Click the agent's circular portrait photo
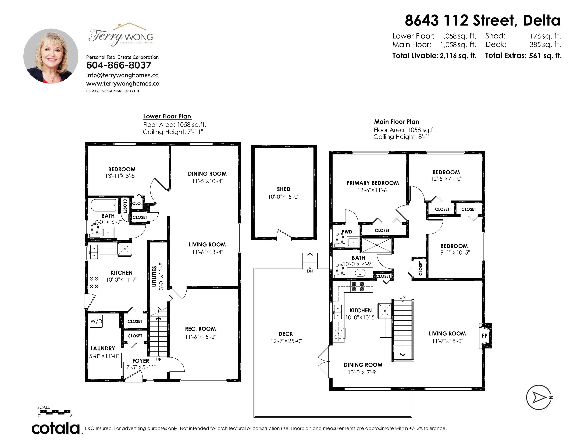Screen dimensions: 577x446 pyautogui.click(x=51, y=56)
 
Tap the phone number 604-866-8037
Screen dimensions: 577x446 pyautogui.click(x=119, y=65)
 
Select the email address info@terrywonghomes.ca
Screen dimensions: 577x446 pyautogui.click(x=122, y=75)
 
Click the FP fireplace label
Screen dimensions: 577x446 pyautogui.click(x=485, y=336)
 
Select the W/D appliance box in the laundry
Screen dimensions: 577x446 pyautogui.click(x=96, y=321)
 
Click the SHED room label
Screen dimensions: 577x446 pyautogui.click(x=283, y=189)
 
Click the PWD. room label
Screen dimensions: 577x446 pyautogui.click(x=348, y=232)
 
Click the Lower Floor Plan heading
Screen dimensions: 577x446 pyautogui.click(x=167, y=116)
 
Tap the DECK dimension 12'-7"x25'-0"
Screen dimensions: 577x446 pyautogui.click(x=286, y=341)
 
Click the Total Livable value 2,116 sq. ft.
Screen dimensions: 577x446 pyautogui.click(x=458, y=56)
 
